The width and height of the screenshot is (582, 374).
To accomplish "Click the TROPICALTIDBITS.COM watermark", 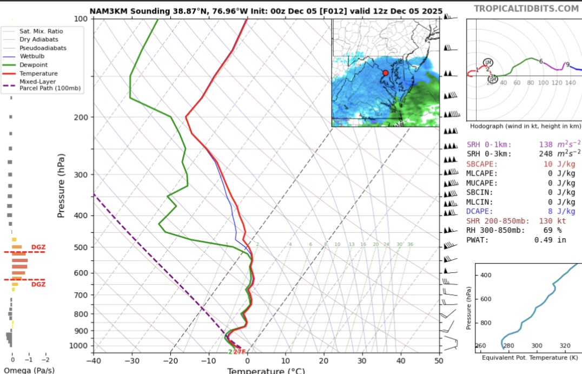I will pyautogui.click(x=526, y=9).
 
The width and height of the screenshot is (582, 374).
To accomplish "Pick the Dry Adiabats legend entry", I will pyautogui.click(x=38, y=40).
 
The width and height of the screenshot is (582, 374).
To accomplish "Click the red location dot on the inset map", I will pyautogui.click(x=386, y=73).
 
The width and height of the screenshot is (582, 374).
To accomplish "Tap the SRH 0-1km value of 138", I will pyautogui.click(x=553, y=145).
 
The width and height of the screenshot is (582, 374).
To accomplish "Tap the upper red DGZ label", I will pyautogui.click(x=38, y=247).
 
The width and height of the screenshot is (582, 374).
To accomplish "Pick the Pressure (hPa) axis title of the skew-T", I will pyautogui.click(x=61, y=186).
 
